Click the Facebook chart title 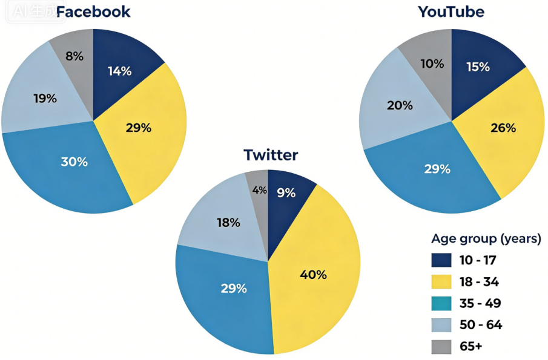tap(93, 12)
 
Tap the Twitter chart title tap(271, 155)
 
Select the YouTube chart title tap(451, 12)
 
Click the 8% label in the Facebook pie tap(74, 56)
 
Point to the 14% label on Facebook tap(119, 71)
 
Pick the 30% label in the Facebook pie tap(74, 162)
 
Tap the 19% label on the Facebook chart tap(45, 99)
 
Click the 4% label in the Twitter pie tap(260, 191)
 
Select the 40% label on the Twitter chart tap(313, 275)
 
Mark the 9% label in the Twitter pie tap(286, 193)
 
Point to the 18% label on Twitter tap(228, 223)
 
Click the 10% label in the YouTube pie tap(432, 64)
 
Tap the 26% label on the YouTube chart tap(503, 128)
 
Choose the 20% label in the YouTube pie tap(400, 105)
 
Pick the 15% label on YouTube tap(478, 67)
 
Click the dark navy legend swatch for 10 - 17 tap(441, 260)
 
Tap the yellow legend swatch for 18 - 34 tap(441, 282)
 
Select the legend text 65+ tap(470, 346)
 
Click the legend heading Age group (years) tap(486, 239)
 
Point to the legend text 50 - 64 tap(481, 325)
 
